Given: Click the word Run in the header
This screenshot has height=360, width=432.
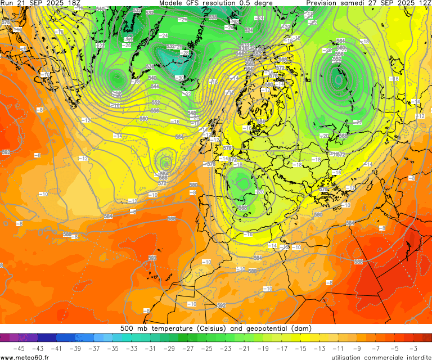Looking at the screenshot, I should coord(7,3).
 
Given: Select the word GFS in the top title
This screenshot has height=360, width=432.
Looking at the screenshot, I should coord(199,3).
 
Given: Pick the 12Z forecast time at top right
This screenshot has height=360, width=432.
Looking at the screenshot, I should coord(423,3).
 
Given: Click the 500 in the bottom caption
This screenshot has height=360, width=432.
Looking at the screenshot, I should coord(127,328).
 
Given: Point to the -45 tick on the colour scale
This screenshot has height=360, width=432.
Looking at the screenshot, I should coord(19,348).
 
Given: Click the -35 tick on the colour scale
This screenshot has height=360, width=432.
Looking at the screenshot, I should coord(112,348).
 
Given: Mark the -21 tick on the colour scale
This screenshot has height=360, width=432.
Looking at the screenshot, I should coord(244,348).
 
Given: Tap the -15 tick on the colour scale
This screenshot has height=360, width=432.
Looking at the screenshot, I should coord(300,348).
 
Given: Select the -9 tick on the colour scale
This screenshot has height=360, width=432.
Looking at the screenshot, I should coord(357,348).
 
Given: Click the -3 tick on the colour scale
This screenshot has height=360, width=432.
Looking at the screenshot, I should coord(413,348).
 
